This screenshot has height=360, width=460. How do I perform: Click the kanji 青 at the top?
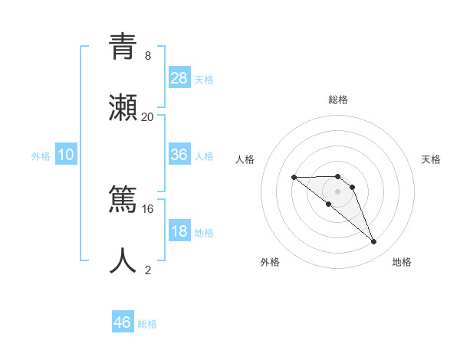[123, 47]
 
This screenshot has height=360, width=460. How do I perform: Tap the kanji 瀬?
[123, 108]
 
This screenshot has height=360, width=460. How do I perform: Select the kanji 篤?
[123, 199]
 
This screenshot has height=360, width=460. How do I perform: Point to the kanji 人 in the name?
[123, 260]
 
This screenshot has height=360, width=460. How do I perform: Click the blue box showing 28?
[179, 77]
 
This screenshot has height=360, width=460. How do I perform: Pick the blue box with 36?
[179, 155]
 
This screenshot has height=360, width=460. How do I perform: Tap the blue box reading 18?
[179, 232]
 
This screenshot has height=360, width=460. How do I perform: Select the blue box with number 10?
[66, 155]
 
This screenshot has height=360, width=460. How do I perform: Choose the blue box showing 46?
[123, 322]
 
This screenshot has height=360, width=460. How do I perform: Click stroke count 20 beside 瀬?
[147, 117]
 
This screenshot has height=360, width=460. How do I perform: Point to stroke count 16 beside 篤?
[147, 208]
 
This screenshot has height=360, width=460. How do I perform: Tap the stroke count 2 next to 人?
[147, 270]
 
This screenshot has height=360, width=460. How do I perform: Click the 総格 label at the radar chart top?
[338, 100]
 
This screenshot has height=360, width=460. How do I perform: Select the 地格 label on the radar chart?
[402, 262]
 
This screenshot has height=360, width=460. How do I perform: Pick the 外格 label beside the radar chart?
[270, 262]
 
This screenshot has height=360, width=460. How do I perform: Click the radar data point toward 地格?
[374, 242]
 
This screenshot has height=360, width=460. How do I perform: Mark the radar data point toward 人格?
[294, 178]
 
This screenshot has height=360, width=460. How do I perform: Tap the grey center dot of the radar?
[337, 191]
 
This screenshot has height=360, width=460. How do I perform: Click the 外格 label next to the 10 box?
[41, 155]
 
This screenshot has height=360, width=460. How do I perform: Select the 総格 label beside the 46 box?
[147, 324]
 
